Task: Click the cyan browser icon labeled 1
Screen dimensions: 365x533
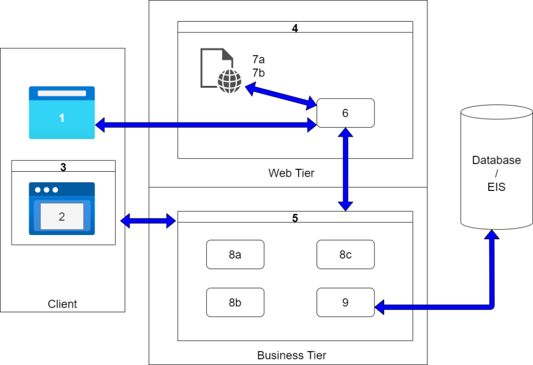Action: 61,113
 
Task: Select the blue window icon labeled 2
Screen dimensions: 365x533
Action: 61,209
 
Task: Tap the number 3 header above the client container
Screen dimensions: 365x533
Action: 63,167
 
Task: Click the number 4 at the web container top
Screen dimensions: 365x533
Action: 294,28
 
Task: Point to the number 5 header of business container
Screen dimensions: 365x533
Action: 294,218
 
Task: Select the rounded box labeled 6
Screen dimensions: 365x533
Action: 345,113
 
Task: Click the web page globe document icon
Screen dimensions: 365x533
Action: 221,71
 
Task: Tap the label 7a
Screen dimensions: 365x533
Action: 258,60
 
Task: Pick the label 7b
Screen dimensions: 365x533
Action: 258,73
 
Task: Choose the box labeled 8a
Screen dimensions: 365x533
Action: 235,255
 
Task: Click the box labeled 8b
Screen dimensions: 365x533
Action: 235,302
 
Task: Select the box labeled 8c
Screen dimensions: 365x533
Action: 345,255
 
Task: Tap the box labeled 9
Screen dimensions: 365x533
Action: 345,302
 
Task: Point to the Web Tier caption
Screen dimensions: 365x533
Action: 291,173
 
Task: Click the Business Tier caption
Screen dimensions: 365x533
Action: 291,355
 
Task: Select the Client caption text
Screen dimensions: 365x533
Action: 62,304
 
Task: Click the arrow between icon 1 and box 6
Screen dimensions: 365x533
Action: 206,125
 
